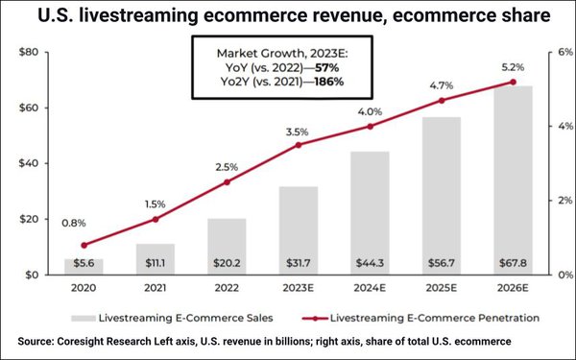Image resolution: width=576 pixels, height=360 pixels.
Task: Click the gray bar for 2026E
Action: (512, 173)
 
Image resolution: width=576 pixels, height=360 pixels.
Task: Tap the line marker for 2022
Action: (227, 182)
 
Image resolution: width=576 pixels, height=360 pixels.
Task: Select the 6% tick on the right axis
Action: (555, 51)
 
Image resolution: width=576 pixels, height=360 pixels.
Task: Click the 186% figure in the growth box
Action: (324, 83)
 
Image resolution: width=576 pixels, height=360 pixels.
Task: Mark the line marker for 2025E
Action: (441, 101)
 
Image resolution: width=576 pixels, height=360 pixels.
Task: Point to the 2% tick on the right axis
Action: (555, 201)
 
